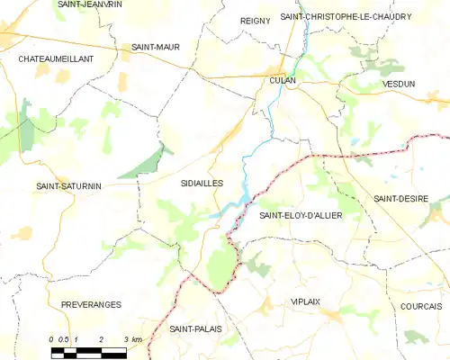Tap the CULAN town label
(x=283, y=80)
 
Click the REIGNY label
(x=255, y=20)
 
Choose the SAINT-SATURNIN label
(x=68, y=186)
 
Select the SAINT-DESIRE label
(x=400, y=198)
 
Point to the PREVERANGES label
(x=91, y=305)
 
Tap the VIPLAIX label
(x=306, y=301)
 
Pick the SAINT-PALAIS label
(x=195, y=328)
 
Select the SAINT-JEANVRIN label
(x=90, y=4)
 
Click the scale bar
(x=89, y=349)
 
